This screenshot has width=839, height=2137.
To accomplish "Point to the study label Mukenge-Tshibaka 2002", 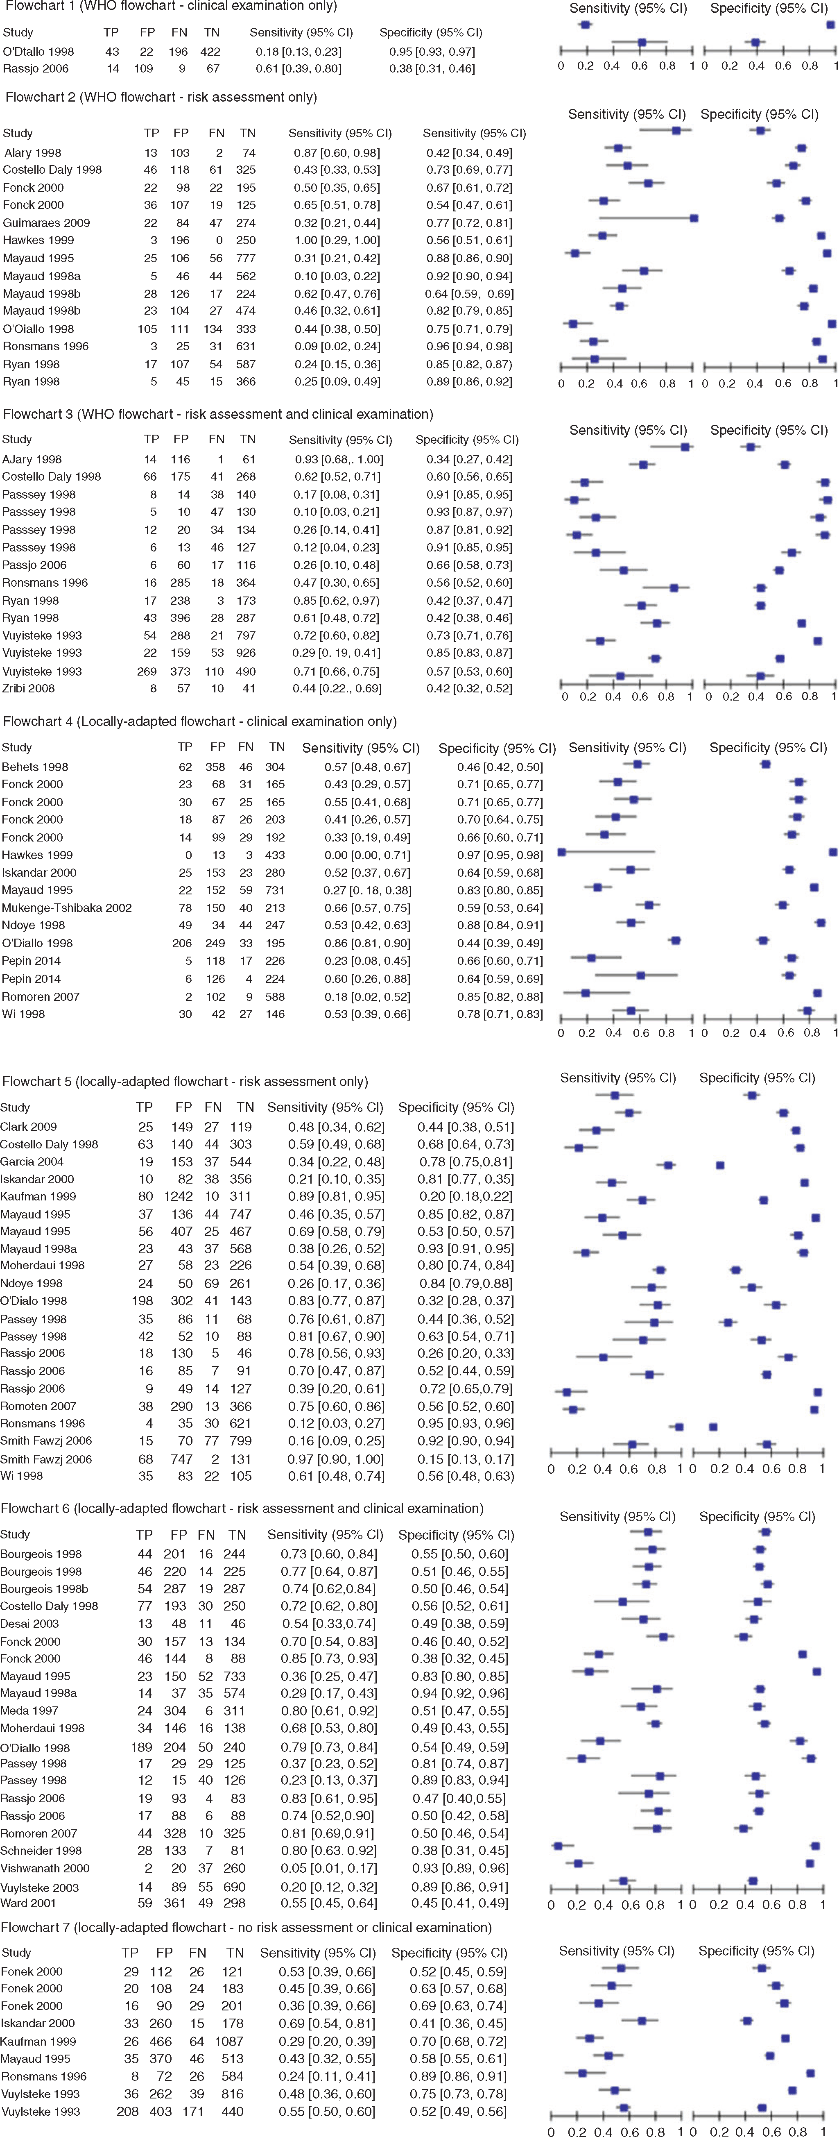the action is coord(66,907).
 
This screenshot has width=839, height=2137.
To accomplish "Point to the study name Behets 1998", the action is coord(35,767).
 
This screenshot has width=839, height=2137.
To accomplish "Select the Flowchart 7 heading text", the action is coord(246,1927).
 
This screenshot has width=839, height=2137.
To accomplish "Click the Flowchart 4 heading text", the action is coord(200,722).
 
